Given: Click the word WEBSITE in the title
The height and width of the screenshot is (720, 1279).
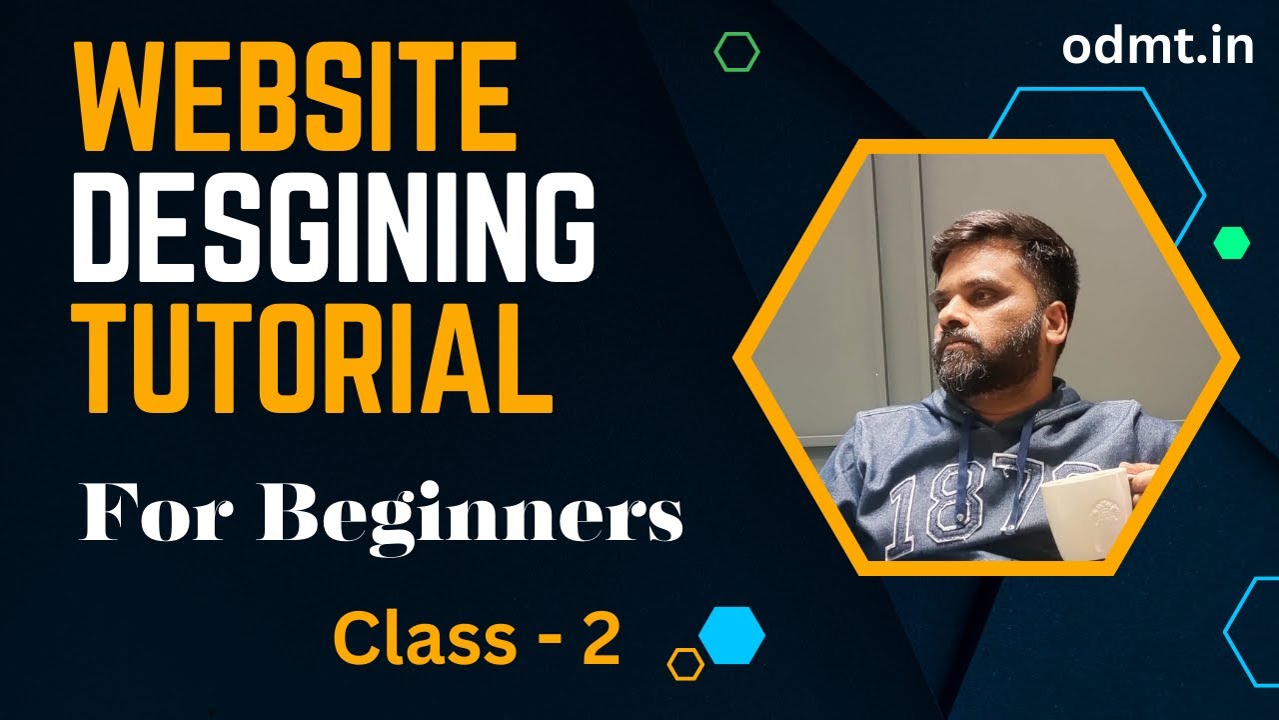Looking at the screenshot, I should (x=296, y=98).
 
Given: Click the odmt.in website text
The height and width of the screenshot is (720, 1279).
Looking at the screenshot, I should (x=1157, y=46).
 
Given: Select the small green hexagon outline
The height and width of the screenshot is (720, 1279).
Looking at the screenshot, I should (x=736, y=51).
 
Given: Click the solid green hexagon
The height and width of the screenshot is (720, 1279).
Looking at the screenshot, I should (x=1231, y=242).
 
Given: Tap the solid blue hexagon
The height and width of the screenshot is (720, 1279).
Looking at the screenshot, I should (x=731, y=635).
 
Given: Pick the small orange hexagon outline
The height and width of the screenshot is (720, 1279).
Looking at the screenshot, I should (x=685, y=663).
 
